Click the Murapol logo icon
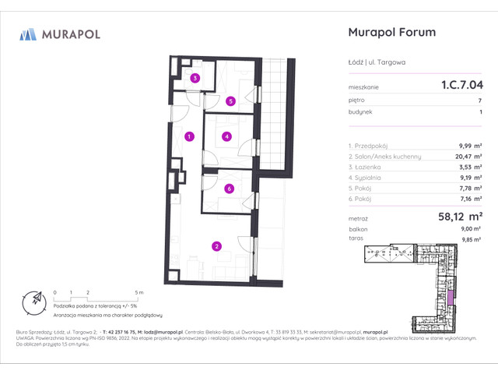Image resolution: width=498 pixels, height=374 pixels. click(x=28, y=34)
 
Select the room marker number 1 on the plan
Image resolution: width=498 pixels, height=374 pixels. click(x=189, y=137)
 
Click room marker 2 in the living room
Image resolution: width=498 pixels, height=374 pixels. click(x=216, y=247)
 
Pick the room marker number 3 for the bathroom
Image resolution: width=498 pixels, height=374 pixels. click(x=196, y=78)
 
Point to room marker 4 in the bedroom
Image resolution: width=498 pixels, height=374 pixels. click(x=226, y=137)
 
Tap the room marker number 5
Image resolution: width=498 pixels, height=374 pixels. click(x=230, y=101)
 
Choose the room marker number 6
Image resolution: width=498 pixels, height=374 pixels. click(x=229, y=189)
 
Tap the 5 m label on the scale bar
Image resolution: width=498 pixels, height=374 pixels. click(x=138, y=291)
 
